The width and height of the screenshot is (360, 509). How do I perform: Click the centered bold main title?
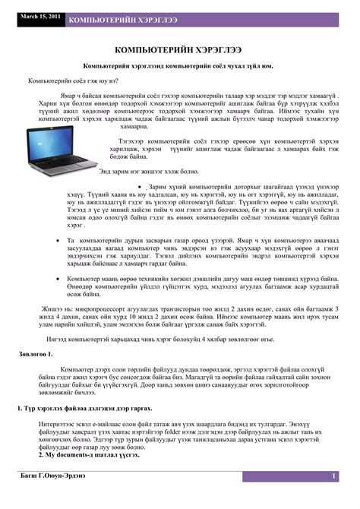coord(179,49)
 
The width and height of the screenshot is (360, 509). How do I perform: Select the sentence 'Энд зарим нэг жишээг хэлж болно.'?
coord(159,172)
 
